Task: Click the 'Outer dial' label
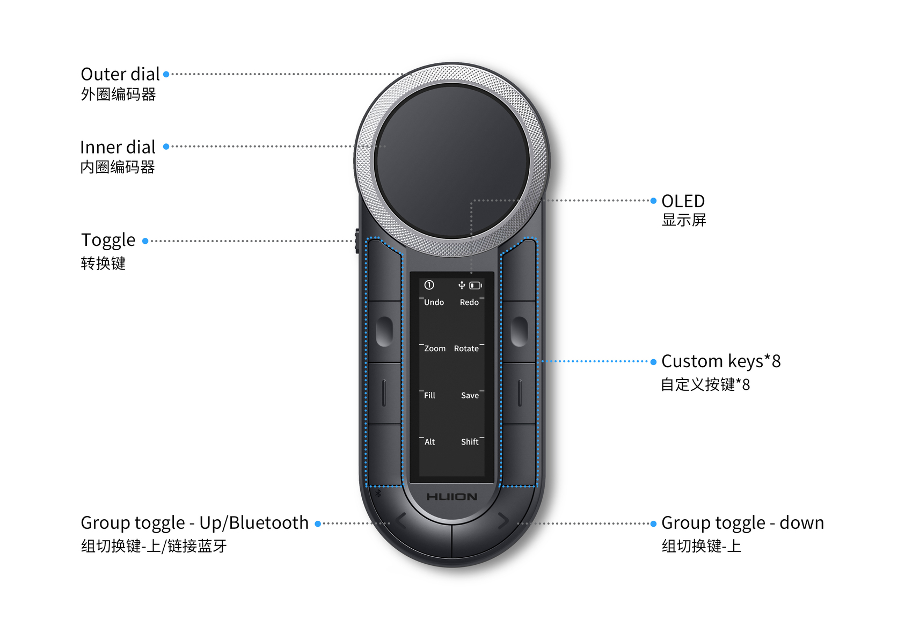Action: tap(120, 74)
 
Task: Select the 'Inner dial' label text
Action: tap(118, 147)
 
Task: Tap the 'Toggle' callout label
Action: tap(108, 241)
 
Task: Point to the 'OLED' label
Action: tap(683, 201)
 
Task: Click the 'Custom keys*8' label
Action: tap(721, 361)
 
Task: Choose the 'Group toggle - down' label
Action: tap(742, 523)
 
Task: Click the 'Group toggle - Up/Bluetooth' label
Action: tap(194, 523)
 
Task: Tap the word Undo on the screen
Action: tap(434, 302)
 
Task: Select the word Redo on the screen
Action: tap(469, 302)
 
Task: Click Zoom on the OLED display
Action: tap(435, 348)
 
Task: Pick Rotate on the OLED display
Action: tap(466, 348)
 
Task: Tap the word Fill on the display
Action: tap(429, 395)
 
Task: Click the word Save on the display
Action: tap(470, 395)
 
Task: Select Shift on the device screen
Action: tap(470, 442)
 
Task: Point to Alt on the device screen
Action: tap(429, 442)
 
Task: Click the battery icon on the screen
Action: tap(476, 286)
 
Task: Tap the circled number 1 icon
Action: tap(429, 285)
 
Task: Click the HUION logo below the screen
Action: tap(451, 497)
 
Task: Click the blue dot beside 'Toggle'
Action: tap(145, 241)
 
